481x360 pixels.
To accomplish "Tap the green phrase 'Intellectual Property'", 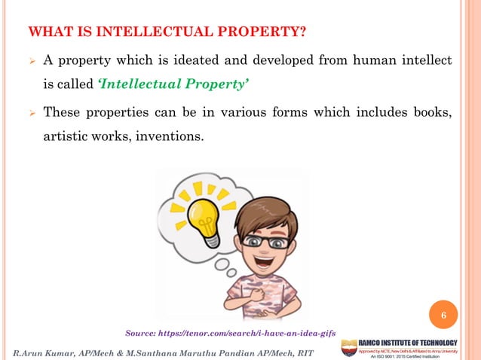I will (x=172, y=83).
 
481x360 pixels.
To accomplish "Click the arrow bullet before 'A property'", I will (x=31, y=61).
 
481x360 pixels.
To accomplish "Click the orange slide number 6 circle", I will (x=444, y=314).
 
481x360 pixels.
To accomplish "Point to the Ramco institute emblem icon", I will (x=349, y=348).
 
